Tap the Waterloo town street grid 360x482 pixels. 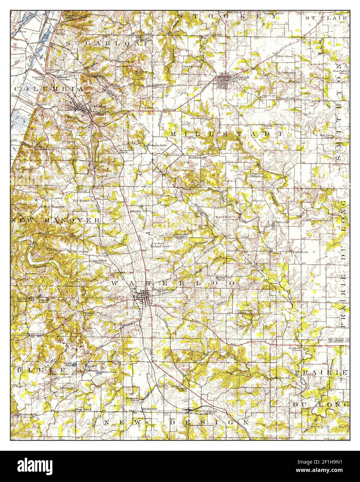(x=143, y=297)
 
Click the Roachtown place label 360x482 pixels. (x=286, y=72)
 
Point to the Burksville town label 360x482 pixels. (x=150, y=409)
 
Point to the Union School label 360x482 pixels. (x=285, y=98)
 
